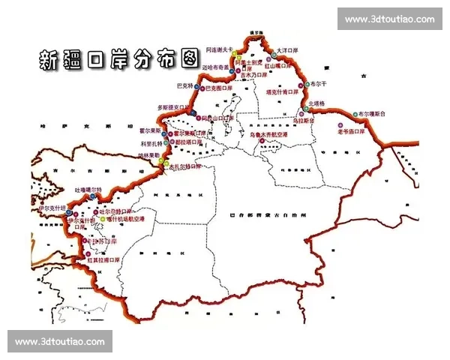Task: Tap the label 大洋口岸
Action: pyautogui.click(x=289, y=51)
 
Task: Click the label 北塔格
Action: pyautogui.click(x=318, y=103)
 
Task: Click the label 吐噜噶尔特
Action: pyautogui.click(x=88, y=190)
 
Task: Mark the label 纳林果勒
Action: pyautogui.click(x=149, y=155)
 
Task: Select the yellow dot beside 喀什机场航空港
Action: pyautogui.click(x=103, y=219)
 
